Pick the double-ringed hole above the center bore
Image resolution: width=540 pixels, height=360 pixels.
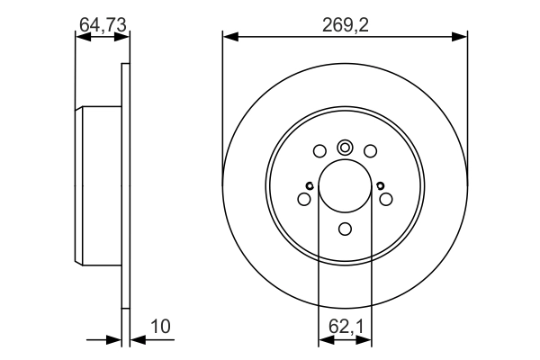[345, 148]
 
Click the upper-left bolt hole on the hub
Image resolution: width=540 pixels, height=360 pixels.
[320, 151]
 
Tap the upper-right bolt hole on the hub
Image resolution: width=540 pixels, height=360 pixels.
[370, 151]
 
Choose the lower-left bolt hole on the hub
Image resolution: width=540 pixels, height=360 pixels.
[304, 199]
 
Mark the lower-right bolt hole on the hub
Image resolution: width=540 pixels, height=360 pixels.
[386, 199]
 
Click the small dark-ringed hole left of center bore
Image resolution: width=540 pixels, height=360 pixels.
[309, 186]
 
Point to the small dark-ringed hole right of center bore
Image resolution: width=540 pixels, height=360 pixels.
[381, 186]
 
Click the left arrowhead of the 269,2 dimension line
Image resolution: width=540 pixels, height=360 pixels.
[229, 36]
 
